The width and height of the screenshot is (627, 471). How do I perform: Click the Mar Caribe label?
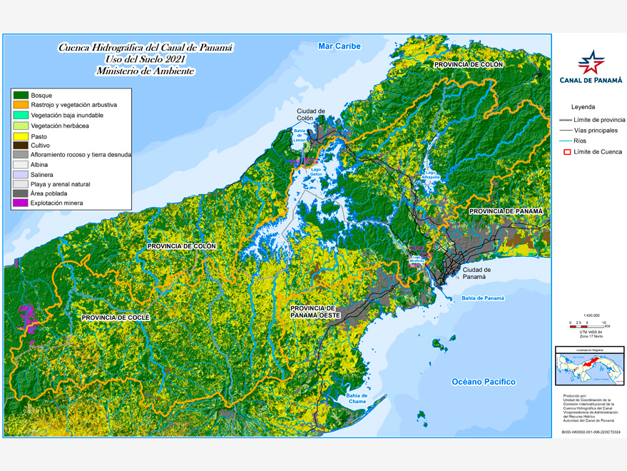(340, 46)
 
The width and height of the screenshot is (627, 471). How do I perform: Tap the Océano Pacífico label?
(483, 382)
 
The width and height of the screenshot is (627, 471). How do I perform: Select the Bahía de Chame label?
(357, 399)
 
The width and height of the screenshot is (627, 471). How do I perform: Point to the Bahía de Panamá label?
(482, 298)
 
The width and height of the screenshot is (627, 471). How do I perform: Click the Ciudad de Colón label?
(311, 114)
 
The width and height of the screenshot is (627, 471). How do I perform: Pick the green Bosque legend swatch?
(21, 95)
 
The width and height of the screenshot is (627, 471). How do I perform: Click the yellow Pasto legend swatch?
(21, 135)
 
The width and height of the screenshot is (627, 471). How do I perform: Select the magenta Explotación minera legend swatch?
(21, 203)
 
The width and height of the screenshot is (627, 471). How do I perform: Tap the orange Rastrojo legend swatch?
(21, 105)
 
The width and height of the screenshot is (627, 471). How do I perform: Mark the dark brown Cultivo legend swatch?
(21, 145)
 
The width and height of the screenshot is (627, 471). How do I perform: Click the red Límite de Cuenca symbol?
(568, 151)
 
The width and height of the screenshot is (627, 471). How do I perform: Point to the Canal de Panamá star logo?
(591, 62)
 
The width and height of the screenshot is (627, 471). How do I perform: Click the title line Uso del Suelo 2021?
(145, 59)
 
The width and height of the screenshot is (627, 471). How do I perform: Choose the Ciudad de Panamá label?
(476, 274)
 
